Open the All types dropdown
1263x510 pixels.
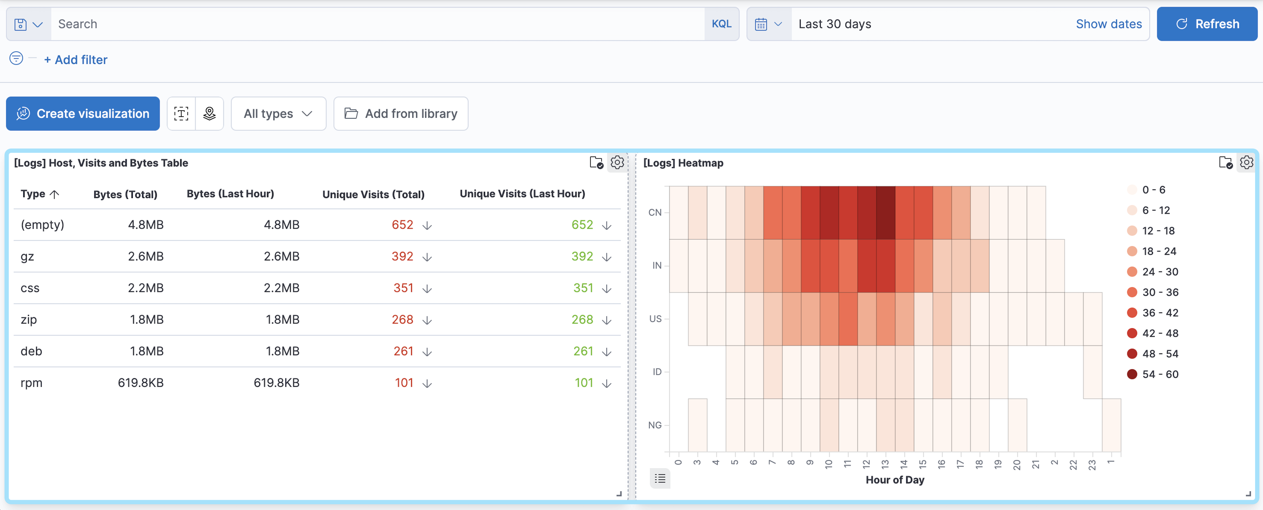(x=278, y=114)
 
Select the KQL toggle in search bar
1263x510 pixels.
(x=721, y=24)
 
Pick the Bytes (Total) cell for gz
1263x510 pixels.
(x=146, y=256)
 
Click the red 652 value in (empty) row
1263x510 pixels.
(x=402, y=225)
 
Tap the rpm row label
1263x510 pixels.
(x=31, y=383)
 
